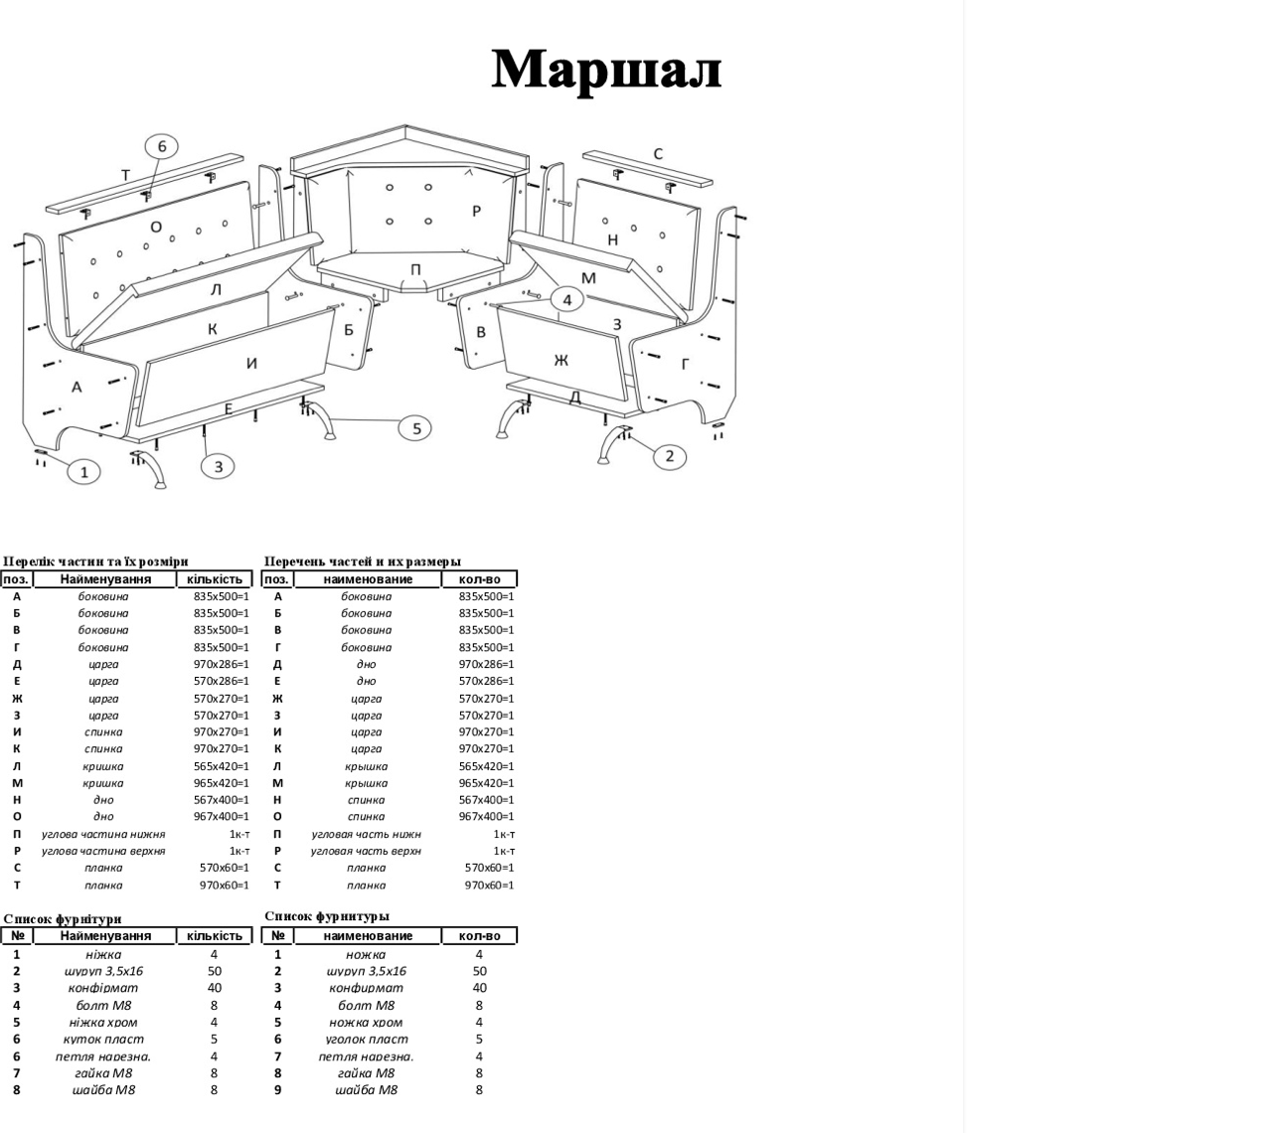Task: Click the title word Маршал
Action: click(606, 70)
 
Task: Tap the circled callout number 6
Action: click(162, 147)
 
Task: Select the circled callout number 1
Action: click(84, 472)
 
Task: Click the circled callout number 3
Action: click(219, 465)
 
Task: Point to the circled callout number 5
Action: click(415, 428)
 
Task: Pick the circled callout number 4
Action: click(566, 299)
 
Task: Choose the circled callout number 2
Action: click(669, 455)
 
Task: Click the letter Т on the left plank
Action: click(125, 175)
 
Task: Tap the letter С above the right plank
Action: click(658, 154)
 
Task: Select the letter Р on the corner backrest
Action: click(477, 211)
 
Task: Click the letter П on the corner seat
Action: click(415, 269)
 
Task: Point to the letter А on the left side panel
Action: click(76, 387)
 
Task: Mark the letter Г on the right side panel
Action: click(685, 365)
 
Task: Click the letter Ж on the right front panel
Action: click(561, 360)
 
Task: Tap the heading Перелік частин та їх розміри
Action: click(95, 562)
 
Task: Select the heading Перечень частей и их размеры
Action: click(363, 562)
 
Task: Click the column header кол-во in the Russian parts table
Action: click(480, 579)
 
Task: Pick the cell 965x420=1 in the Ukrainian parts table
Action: click(221, 783)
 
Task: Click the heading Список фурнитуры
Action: click(327, 916)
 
